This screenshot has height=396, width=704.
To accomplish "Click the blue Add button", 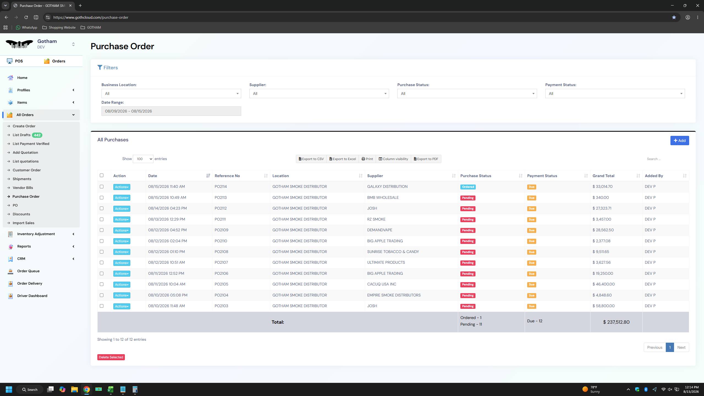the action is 680,141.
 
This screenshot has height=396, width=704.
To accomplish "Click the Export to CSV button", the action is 311,159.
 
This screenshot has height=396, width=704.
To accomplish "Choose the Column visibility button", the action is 393,159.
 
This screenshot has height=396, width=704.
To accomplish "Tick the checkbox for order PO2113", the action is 101,197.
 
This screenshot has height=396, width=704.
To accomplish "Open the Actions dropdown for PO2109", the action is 122,230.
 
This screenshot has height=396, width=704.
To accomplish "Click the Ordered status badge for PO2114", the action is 468,187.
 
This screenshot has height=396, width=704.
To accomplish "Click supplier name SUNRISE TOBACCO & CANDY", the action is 393,252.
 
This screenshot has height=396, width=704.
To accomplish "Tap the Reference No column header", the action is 227,176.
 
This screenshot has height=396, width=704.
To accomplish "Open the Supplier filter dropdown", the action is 319,94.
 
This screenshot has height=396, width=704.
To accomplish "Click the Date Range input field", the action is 171,111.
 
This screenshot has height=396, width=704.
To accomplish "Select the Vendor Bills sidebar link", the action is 23,188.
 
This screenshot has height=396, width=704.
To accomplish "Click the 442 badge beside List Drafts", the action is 37,135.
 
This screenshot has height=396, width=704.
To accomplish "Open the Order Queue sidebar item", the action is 28,271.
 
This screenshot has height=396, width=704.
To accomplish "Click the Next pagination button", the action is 681,347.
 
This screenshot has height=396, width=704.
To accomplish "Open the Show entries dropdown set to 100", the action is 143,159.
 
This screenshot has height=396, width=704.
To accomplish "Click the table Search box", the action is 665,159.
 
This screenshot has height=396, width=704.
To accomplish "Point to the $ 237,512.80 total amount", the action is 616,322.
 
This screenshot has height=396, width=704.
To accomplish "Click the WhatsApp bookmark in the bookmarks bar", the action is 26,28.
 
